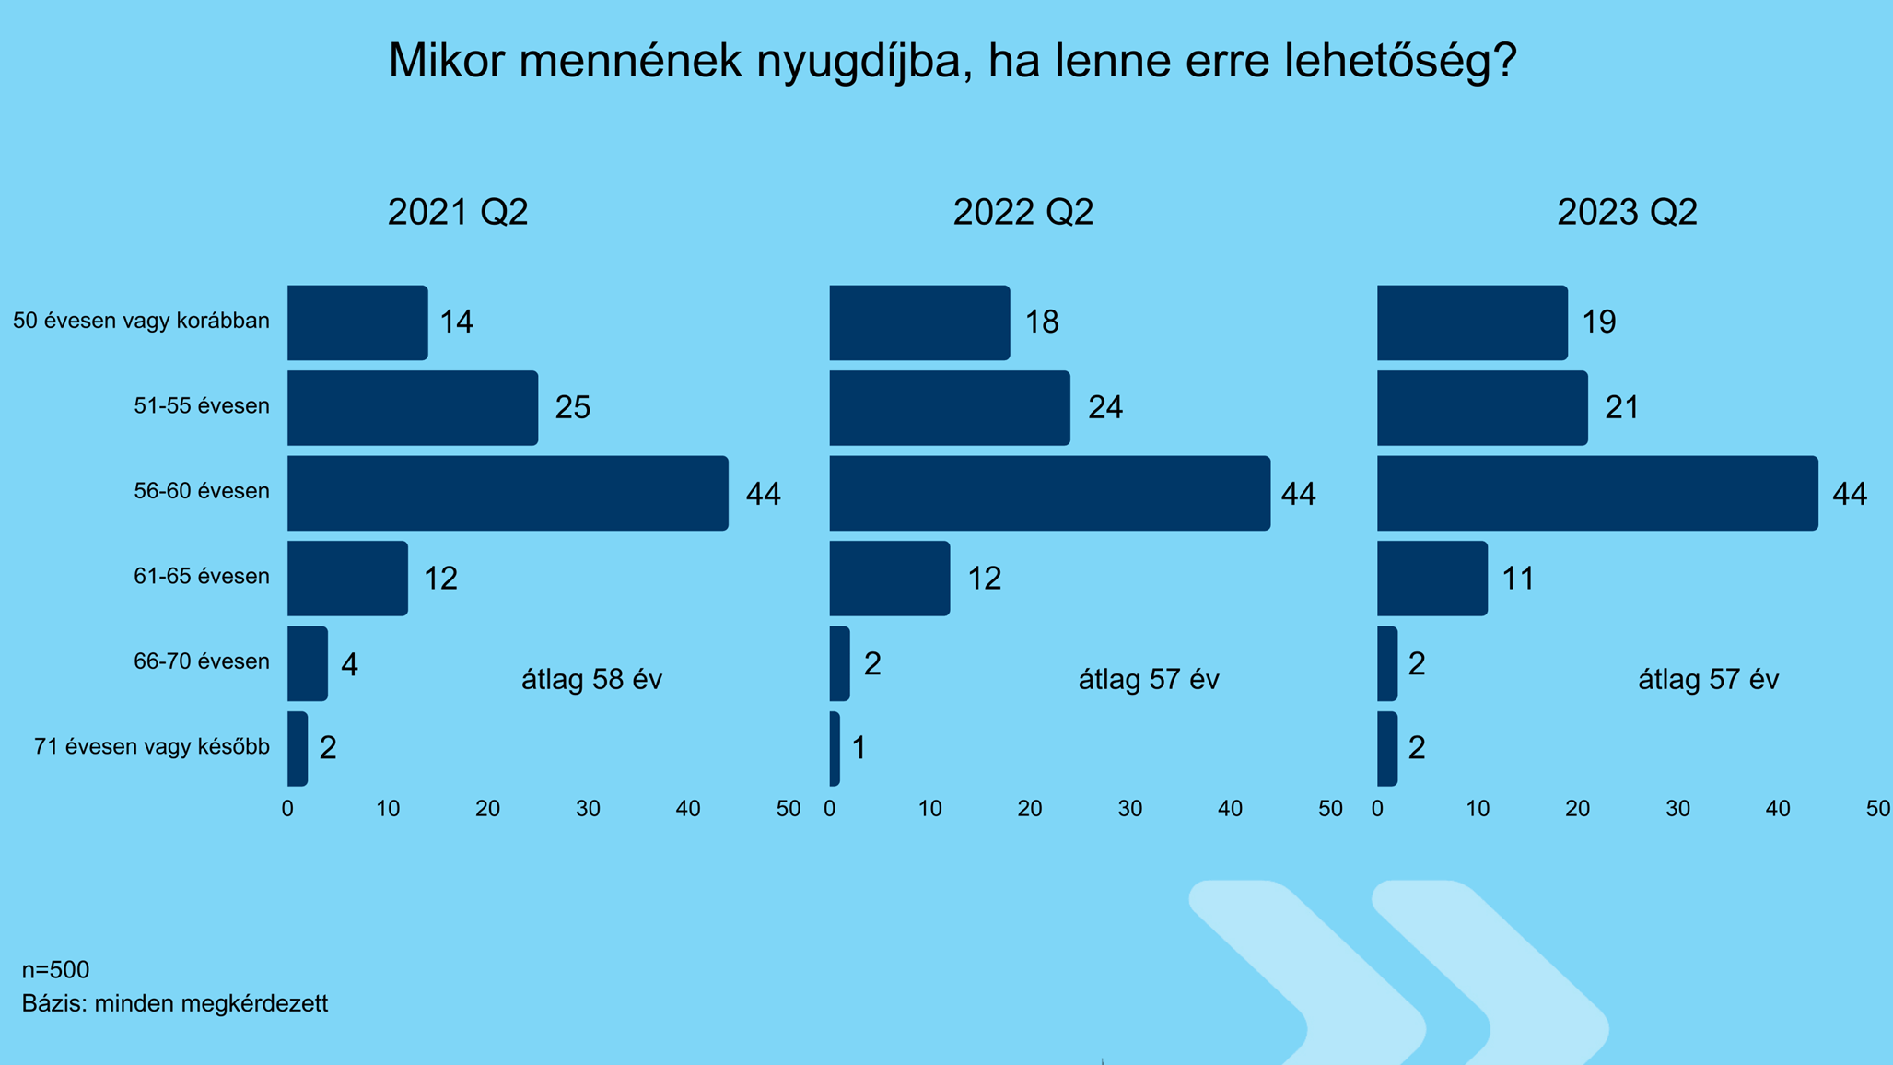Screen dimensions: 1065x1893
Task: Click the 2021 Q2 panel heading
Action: pos(458,212)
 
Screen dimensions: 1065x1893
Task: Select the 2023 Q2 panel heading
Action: pos(1627,212)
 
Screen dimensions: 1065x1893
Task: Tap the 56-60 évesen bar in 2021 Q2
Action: pos(508,493)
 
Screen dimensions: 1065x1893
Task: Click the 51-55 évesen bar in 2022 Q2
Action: pos(950,408)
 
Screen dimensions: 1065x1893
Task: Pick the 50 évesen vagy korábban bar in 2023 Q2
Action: pos(1472,322)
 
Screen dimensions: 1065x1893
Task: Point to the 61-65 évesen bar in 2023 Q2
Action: pos(1432,579)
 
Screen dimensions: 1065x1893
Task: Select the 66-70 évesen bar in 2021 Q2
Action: pos(308,663)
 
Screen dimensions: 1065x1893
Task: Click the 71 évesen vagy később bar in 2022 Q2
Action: pos(835,748)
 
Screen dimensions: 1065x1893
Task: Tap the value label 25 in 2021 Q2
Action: pos(572,407)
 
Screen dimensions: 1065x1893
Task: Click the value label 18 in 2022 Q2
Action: pos(1042,322)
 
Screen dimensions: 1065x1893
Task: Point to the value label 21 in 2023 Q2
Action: pos(1622,407)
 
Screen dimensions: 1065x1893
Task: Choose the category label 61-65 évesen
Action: pos(202,577)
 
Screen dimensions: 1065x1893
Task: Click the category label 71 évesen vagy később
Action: pos(152,746)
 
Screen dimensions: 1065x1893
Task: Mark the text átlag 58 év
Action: pos(591,680)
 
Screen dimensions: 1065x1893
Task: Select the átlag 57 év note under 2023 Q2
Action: pos(1708,680)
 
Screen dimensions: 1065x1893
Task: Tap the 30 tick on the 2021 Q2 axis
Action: pos(588,809)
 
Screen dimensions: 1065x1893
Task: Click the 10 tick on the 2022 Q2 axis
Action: pos(929,809)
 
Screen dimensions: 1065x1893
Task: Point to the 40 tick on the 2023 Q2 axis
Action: pos(1778,809)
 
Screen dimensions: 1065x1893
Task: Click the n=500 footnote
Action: pos(55,969)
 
